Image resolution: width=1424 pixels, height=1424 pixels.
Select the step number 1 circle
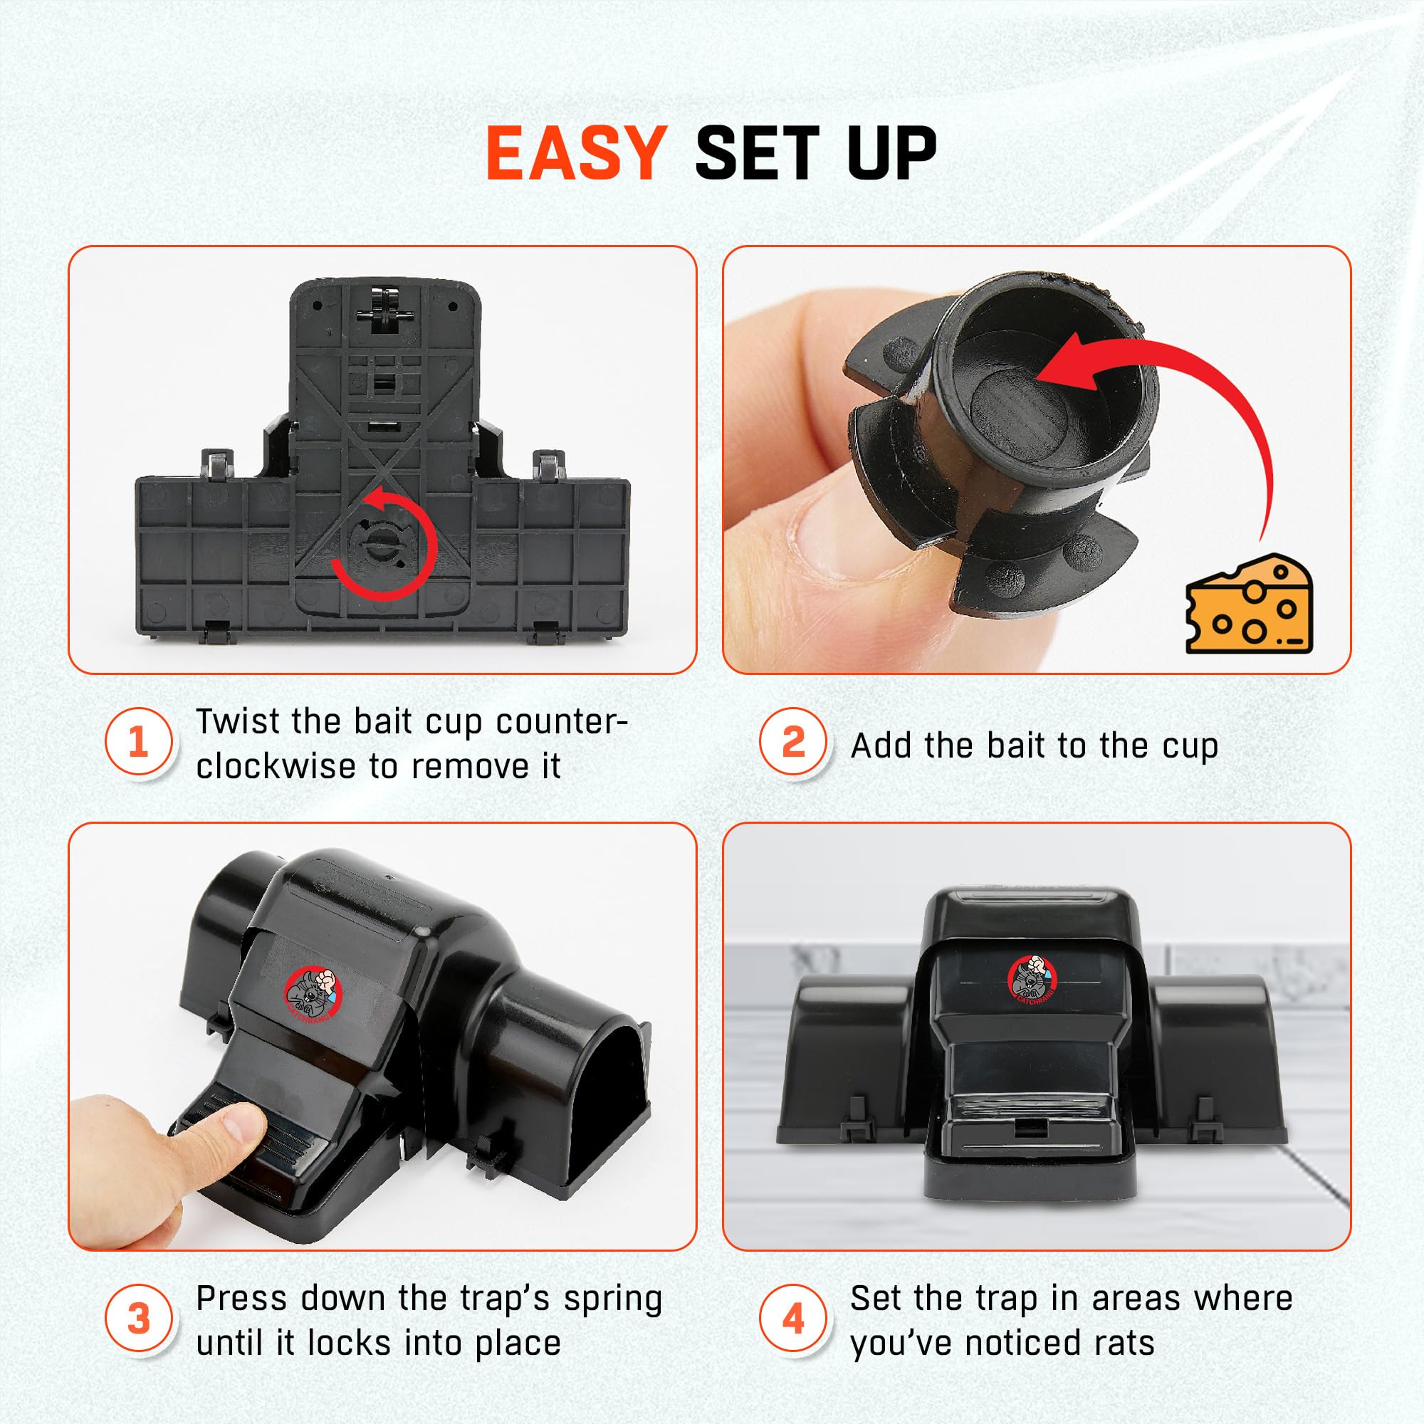pos(139,742)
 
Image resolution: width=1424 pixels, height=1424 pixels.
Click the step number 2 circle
pos(793,742)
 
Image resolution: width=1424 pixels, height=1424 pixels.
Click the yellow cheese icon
pos(1249,603)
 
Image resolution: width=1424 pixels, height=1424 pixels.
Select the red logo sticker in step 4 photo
pos(1032,980)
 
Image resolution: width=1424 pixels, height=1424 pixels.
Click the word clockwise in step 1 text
pos(276,767)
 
